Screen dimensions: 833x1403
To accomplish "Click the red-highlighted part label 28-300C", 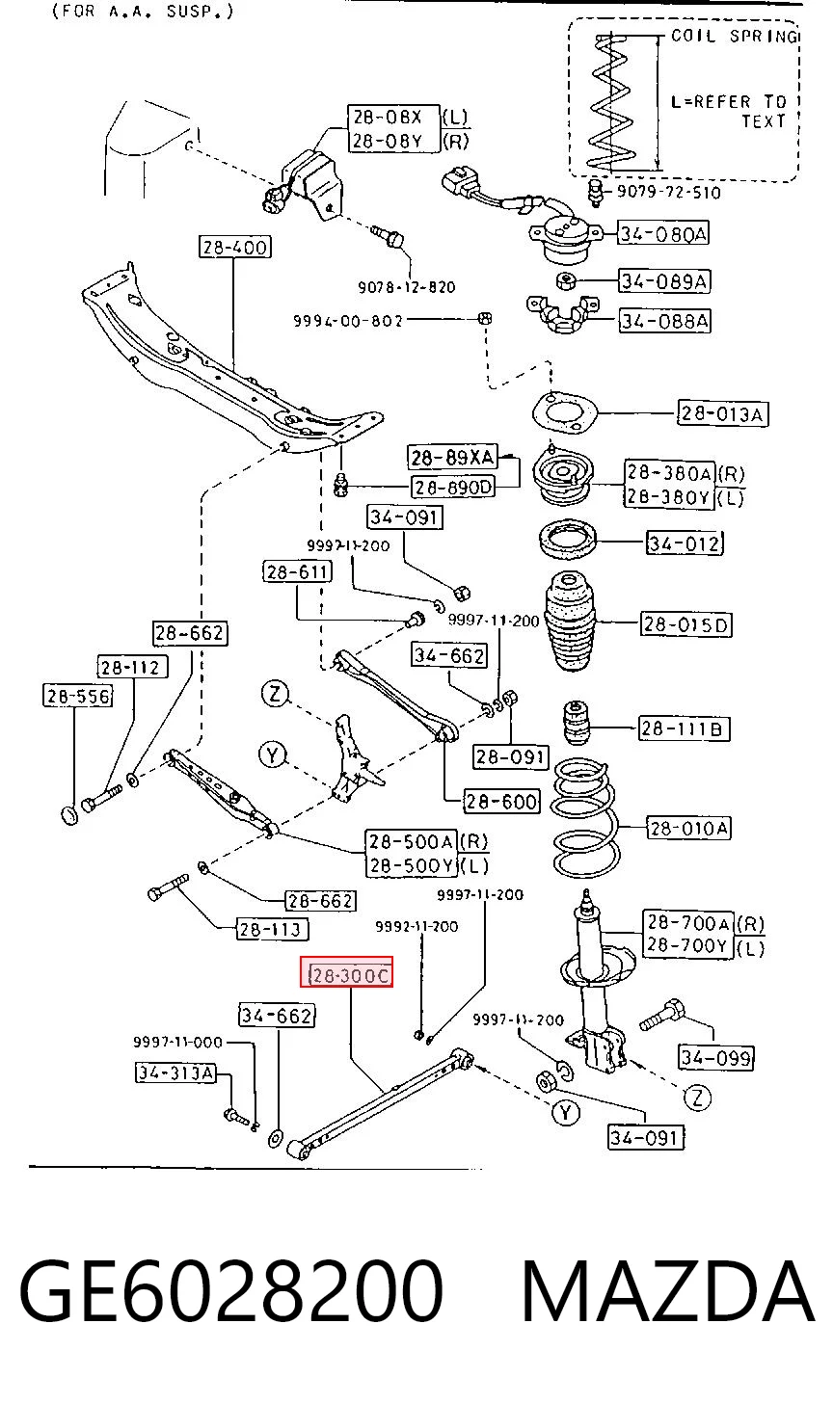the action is coord(347,971).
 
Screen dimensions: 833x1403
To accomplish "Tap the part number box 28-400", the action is coord(235,247).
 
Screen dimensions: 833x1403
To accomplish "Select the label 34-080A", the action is coord(663,233).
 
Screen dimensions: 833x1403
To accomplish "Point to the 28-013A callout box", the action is coord(723,413).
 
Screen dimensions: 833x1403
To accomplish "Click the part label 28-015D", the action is coord(685,624).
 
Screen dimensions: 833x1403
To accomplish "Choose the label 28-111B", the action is coord(684,728).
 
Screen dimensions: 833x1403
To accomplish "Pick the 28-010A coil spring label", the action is coord(688,829).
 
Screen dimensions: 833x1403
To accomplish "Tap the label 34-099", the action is coord(716,1057).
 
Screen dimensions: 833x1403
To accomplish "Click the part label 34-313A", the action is coord(175,1073).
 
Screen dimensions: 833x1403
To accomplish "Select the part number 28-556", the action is coord(78,696).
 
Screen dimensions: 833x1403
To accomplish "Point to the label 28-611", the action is coord(297,571).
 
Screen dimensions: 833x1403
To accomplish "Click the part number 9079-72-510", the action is coord(669,192).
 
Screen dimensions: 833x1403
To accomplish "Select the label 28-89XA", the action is coord(452,457).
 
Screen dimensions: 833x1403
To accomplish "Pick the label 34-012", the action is coord(685,543).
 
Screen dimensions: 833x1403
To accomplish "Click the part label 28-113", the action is coord(272,929).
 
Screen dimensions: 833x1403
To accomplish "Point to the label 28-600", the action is coord(501,801).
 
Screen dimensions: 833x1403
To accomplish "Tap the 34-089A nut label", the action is coord(663,281).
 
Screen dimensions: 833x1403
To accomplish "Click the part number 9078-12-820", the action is coord(407,287).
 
